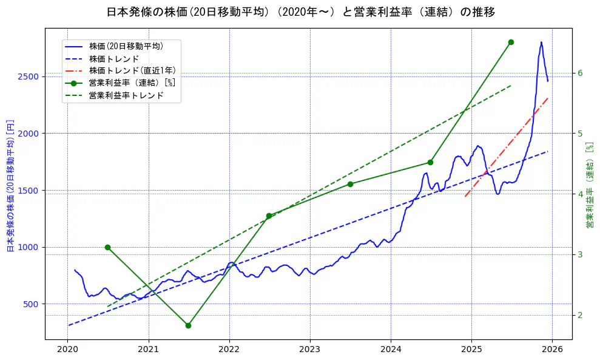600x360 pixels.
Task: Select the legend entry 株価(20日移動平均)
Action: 126,46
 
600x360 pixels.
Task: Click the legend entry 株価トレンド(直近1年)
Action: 132,70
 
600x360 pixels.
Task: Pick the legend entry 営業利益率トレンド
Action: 126,95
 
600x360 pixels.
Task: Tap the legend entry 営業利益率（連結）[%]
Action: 132,83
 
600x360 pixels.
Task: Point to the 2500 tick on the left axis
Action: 29,76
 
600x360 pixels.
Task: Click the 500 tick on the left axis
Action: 31,304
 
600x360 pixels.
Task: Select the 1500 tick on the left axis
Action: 29,191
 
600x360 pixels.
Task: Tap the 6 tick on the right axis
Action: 579,73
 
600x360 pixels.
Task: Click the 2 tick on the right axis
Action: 579,315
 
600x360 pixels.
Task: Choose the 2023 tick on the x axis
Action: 310,350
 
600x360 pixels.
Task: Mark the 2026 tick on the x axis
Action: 552,350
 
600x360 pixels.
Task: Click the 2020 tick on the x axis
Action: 68,350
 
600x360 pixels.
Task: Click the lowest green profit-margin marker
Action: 188,325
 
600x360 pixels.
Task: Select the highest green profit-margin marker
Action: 511,42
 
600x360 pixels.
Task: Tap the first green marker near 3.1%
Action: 107,247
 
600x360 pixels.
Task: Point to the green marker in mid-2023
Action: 350,184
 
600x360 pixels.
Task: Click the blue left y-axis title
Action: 10,185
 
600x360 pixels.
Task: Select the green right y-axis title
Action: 590,185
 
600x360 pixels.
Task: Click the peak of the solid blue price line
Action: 541,42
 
